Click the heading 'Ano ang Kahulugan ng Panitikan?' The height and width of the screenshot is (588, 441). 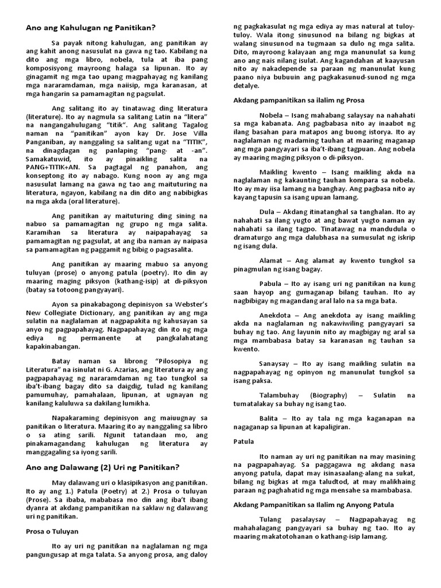pos(91,28)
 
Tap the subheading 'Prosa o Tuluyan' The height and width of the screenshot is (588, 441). pos(52,531)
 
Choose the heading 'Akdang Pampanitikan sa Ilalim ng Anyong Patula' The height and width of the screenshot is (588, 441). pos(314,504)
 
